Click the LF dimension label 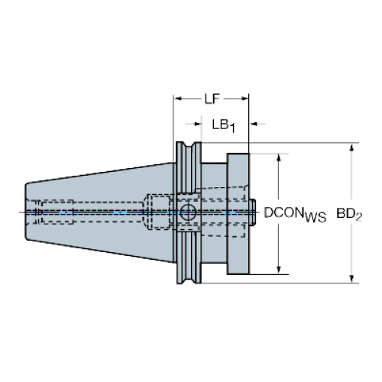[x=212, y=99]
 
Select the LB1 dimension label [x=223, y=126]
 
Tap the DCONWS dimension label [x=295, y=215]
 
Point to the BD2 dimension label [x=349, y=215]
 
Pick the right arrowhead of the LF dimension [x=245, y=99]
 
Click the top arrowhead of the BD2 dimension [x=351, y=147]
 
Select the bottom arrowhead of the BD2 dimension [x=351, y=279]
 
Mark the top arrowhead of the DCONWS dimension [x=279, y=157]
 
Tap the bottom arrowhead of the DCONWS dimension [x=279, y=270]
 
